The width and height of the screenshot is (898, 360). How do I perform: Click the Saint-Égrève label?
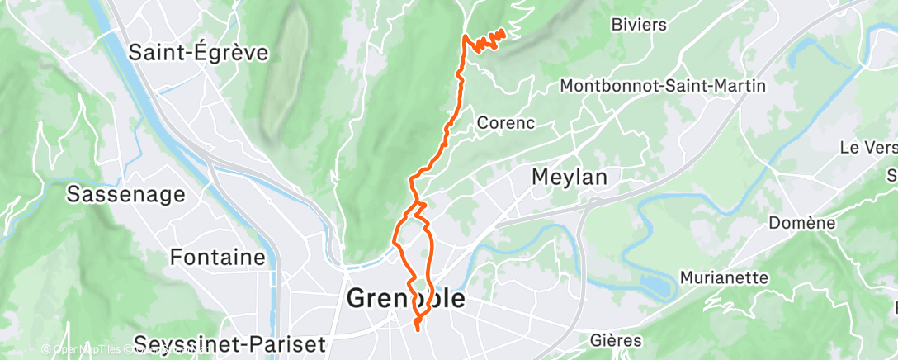[x=199, y=53]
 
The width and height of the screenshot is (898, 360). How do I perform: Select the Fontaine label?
[x=218, y=257]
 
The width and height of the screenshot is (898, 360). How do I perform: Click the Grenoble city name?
[x=405, y=299]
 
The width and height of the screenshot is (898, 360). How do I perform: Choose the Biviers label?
[x=639, y=24]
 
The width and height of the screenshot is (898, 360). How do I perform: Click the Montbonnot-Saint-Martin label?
[x=663, y=86]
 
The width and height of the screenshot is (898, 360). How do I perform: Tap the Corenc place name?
[x=506, y=123]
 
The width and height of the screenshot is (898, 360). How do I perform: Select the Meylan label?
[x=570, y=177]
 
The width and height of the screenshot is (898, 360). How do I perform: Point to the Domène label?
[x=801, y=223]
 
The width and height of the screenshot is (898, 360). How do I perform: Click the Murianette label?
[x=724, y=277]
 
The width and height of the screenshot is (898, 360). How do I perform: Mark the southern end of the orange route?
[x=417, y=330]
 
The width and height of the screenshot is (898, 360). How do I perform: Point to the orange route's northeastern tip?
[x=503, y=32]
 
